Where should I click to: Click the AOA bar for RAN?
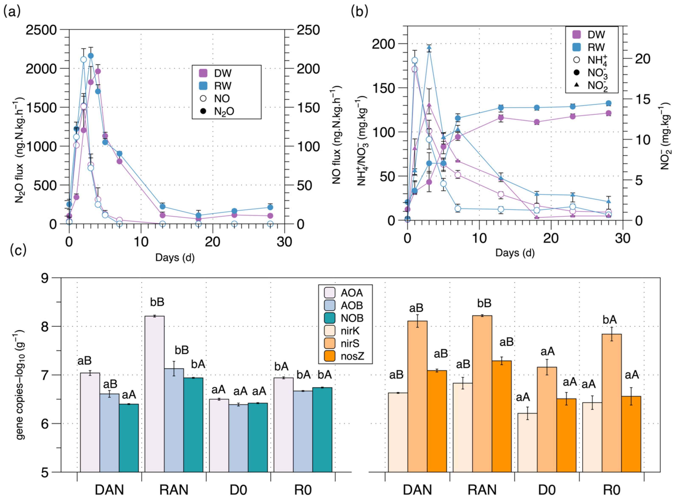(154, 394)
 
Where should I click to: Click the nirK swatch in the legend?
(329, 331)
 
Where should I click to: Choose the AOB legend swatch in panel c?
(329, 305)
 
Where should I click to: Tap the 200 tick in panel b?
(383, 44)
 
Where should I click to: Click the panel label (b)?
(359, 12)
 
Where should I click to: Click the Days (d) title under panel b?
(515, 253)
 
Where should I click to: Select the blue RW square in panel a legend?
(203, 86)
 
